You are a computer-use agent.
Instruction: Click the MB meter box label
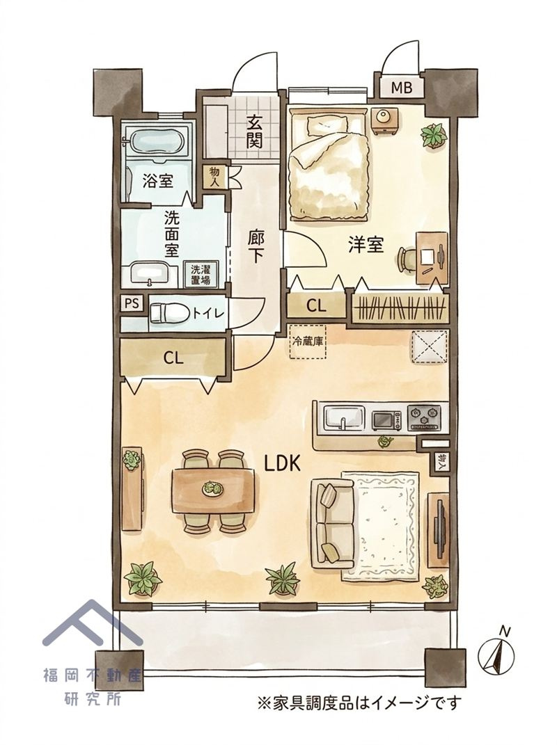[400, 88]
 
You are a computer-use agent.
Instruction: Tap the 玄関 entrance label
[254, 132]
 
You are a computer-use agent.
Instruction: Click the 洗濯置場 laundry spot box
[202, 273]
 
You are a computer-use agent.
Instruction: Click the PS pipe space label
[132, 303]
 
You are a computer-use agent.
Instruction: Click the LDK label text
[282, 463]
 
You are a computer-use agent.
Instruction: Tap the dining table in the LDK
[214, 490]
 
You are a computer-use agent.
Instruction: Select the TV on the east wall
[441, 528]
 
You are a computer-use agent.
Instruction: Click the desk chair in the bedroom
[407, 259]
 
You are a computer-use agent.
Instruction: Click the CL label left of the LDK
[173, 358]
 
